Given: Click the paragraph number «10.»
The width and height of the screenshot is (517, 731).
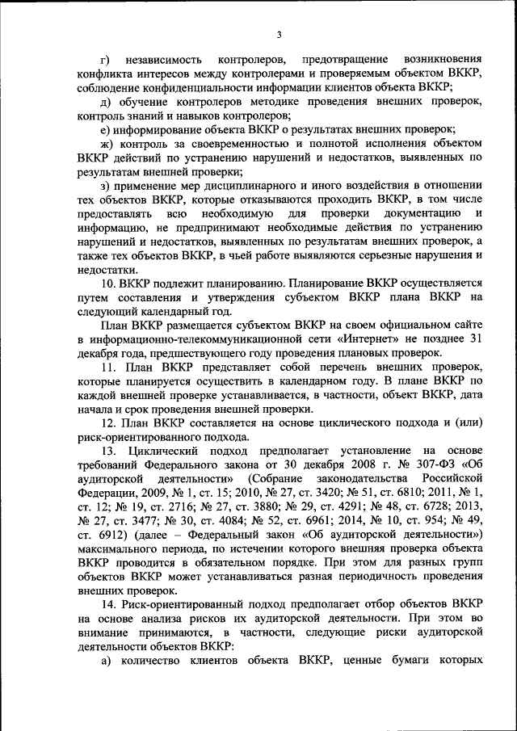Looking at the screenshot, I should point(107,283).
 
